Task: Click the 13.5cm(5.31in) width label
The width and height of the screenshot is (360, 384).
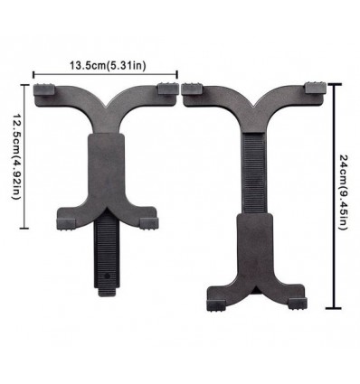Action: click(105, 65)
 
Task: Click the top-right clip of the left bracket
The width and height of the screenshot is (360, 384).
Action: click(167, 89)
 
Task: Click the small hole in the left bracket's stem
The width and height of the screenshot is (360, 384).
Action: click(108, 271)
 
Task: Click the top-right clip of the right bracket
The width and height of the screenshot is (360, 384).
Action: click(313, 89)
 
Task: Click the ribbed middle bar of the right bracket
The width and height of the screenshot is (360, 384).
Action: click(254, 172)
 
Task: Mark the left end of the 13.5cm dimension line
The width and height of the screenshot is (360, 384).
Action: click(34, 76)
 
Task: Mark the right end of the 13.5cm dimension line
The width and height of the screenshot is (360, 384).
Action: click(178, 76)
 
